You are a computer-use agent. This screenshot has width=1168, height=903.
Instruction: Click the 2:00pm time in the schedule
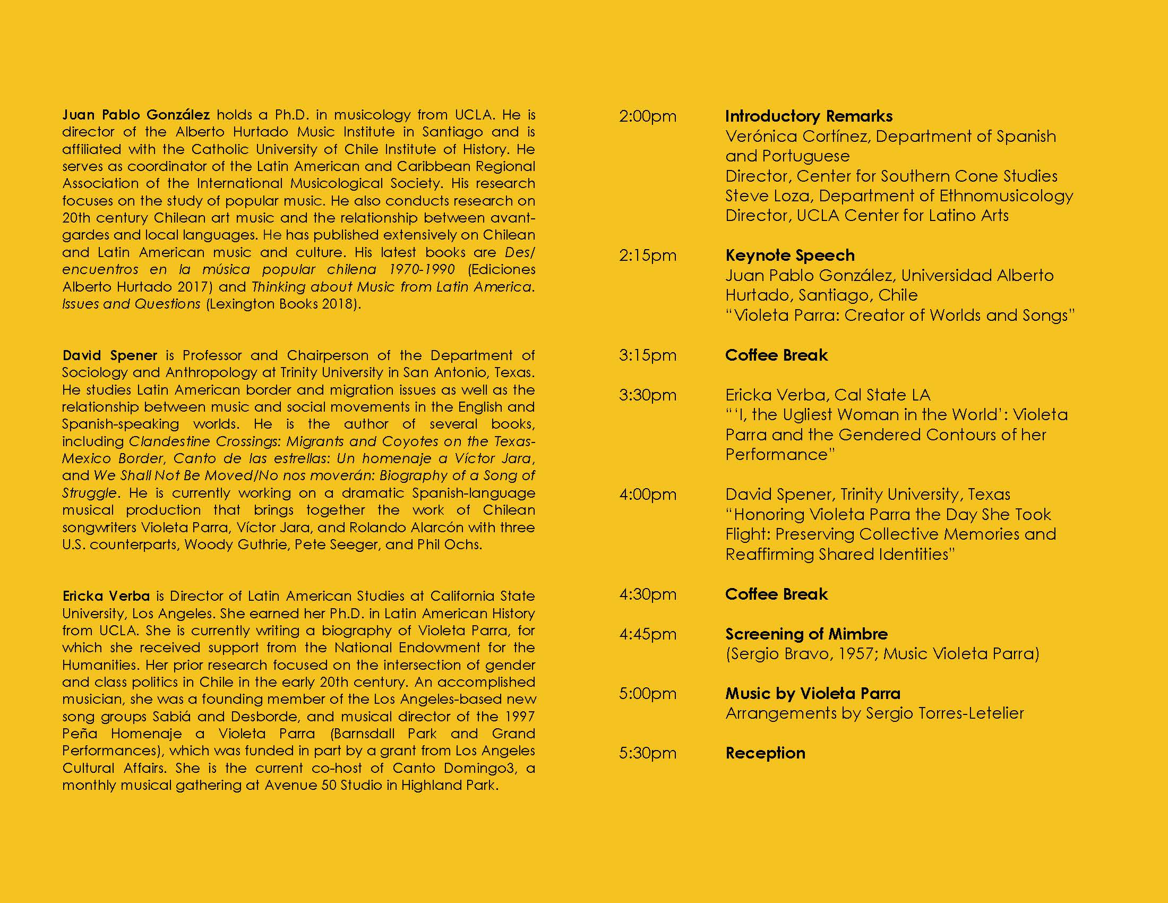click(x=647, y=117)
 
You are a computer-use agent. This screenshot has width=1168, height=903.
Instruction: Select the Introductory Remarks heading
click(x=809, y=116)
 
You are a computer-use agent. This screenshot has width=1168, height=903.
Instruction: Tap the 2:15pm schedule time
click(x=647, y=255)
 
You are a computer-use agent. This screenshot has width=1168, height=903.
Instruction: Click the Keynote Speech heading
click(x=789, y=255)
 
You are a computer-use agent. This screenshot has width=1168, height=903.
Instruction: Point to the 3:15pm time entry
click(x=647, y=355)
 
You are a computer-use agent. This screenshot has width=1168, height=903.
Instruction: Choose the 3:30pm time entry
click(x=647, y=395)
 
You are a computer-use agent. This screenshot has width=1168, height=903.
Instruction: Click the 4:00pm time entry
click(x=647, y=495)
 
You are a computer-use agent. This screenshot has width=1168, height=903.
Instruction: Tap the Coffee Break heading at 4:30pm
click(x=776, y=594)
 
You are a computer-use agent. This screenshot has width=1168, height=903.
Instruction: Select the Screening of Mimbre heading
click(x=806, y=634)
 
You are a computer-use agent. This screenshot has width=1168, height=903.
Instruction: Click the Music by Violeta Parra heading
click(x=812, y=693)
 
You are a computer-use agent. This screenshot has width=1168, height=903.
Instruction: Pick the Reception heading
click(x=765, y=753)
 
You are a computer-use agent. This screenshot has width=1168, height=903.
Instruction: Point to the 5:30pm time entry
click(x=647, y=753)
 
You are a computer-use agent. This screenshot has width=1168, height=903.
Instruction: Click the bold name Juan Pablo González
click(x=136, y=115)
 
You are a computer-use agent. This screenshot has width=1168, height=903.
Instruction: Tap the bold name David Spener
click(x=110, y=355)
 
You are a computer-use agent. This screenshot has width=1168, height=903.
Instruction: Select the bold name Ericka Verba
click(x=105, y=596)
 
